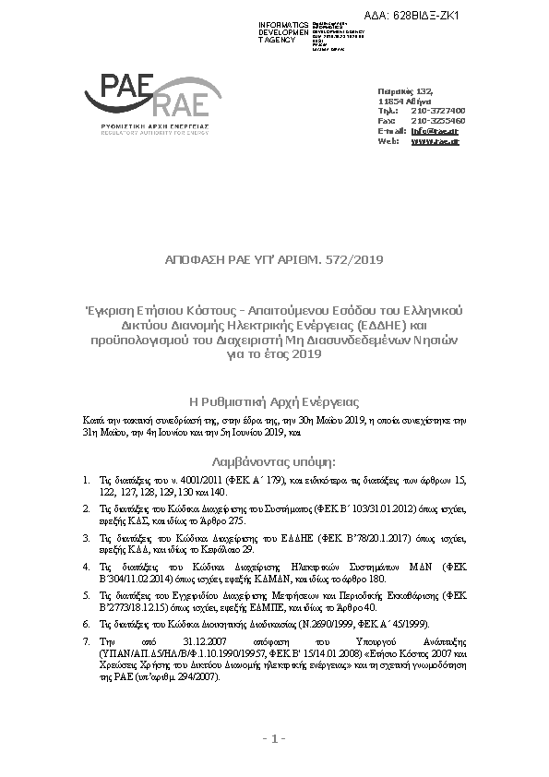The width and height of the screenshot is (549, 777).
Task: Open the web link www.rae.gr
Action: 435,141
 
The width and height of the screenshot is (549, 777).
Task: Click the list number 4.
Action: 87,567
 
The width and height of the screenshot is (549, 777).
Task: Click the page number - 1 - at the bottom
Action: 273,738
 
